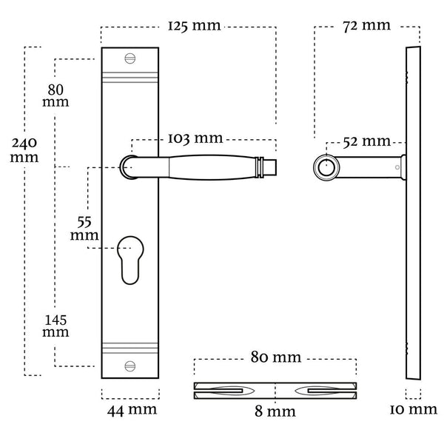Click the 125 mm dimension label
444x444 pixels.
point(194,26)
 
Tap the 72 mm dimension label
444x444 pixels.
point(367,26)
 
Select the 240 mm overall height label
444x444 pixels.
point(24,150)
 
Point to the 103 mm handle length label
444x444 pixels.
point(195,138)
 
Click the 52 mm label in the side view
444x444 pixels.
point(367,141)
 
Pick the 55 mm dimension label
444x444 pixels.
point(84,229)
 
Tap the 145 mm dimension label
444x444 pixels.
point(55,326)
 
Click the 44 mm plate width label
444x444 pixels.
point(132,411)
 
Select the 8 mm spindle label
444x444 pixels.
point(275,411)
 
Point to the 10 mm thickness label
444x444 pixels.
point(414,410)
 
